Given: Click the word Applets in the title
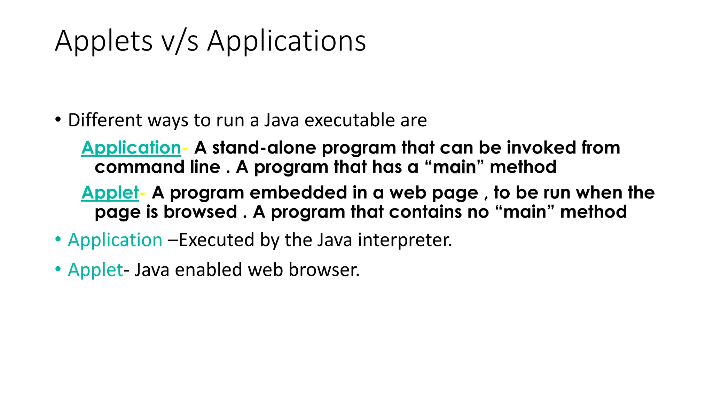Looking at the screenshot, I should pos(103,41).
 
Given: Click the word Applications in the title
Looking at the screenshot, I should pos(287,41).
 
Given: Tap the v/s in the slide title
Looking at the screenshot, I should pos(180,41).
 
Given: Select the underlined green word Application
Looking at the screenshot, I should pos(131,148).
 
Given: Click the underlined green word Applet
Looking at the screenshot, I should pos(110,192).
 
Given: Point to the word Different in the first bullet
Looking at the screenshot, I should pos(105,120).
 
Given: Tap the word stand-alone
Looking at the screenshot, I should pos(264,148).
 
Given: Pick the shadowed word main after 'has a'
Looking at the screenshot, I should pos(454,167).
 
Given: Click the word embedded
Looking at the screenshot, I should pos(298,192).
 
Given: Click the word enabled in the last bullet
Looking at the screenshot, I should pos(208,270).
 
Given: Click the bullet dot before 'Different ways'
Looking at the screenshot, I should pos(58,120).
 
